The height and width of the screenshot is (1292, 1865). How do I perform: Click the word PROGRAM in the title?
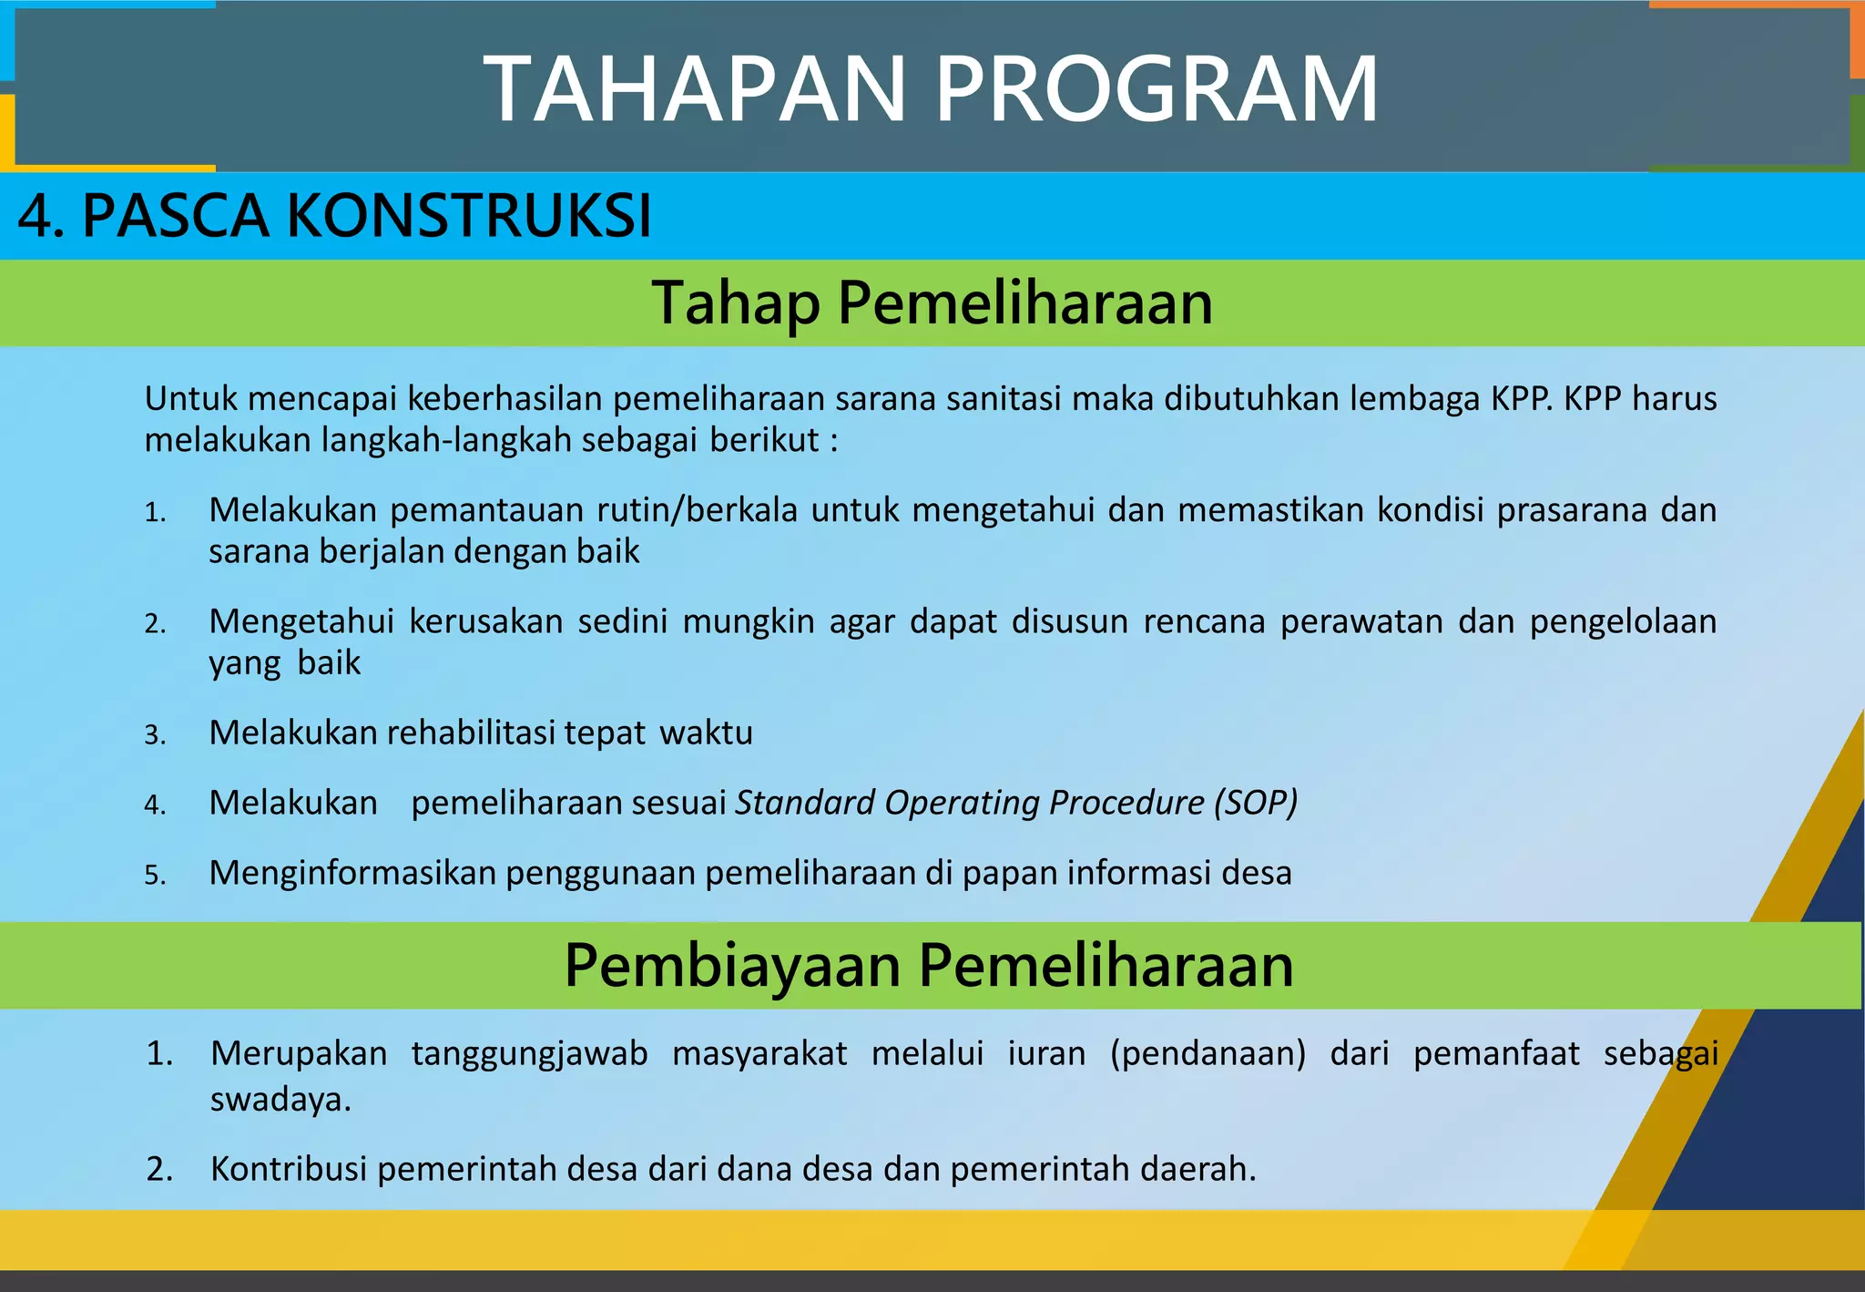1157,89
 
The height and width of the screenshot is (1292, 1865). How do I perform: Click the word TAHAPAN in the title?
694,89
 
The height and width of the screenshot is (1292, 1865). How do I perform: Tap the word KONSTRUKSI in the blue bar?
469,217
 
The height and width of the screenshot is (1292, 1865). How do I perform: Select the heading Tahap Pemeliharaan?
932,302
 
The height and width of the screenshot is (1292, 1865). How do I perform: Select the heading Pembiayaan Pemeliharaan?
928,965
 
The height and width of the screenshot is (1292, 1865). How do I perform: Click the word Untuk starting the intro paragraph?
190,399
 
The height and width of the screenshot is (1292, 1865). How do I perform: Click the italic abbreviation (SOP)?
1255,803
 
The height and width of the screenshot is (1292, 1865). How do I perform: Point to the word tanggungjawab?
529,1053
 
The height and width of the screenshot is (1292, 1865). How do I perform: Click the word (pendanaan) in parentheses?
1208,1053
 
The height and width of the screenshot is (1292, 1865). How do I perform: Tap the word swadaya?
279,1100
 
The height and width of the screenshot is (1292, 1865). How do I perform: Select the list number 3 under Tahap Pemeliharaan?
154,735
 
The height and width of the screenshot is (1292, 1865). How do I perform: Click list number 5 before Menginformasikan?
154,876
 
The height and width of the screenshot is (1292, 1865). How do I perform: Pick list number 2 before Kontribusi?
159,1169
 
